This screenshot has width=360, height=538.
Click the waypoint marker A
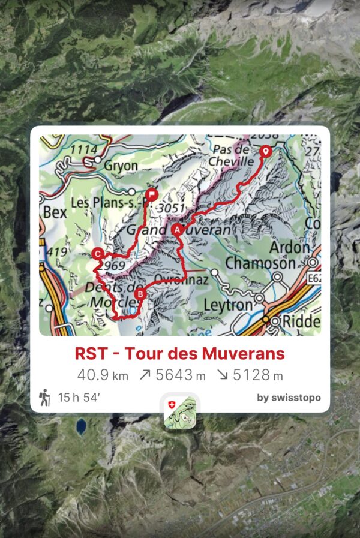pos(176,229)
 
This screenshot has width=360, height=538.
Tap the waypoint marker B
pos(139,294)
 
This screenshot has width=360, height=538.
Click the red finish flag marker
pos(152,194)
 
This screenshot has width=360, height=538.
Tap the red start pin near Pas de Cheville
pos(265,152)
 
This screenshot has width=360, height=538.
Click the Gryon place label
pos(121,165)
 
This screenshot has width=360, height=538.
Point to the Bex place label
pos(53,212)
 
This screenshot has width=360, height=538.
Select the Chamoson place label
pos(260,263)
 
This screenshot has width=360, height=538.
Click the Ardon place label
pos(289,247)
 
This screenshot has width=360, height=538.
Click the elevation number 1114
pos(82,149)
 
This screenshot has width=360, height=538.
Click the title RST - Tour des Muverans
pos(179,353)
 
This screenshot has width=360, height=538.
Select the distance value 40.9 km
pos(103,375)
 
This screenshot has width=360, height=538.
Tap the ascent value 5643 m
pos(172,375)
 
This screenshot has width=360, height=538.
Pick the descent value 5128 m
pos(250,375)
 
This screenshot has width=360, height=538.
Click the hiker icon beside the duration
pos(44,398)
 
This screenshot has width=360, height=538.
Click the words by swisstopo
pos(289,398)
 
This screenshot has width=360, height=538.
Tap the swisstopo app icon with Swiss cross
pos(179,412)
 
